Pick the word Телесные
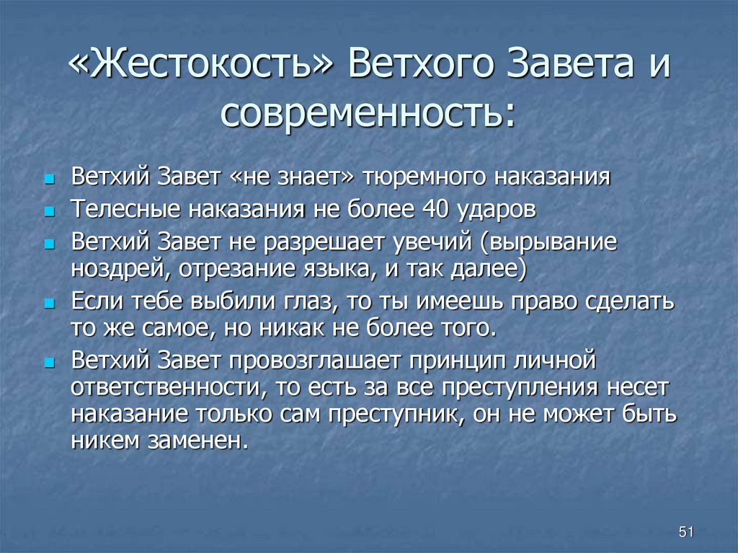(x=126, y=209)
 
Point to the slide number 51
(x=685, y=532)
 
